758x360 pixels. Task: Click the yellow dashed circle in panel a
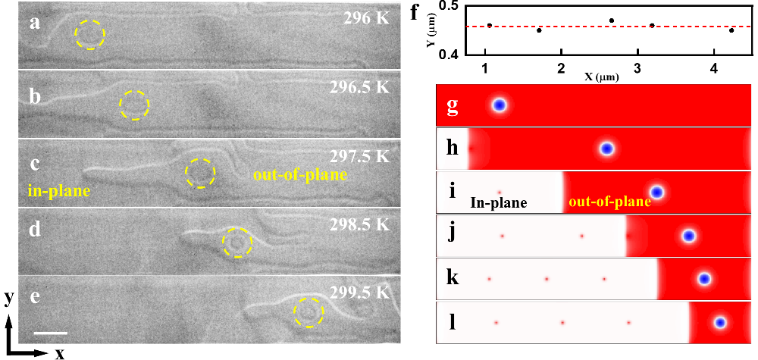click(x=90, y=34)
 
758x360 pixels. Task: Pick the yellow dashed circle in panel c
click(x=201, y=174)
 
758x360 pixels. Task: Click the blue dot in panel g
click(x=499, y=105)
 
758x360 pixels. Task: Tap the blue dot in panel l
click(x=720, y=323)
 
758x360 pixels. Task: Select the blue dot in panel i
click(x=656, y=193)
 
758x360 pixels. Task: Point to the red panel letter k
click(x=452, y=277)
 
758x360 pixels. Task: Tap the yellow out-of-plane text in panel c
click(x=290, y=174)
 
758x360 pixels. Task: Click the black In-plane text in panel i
click(x=498, y=203)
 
